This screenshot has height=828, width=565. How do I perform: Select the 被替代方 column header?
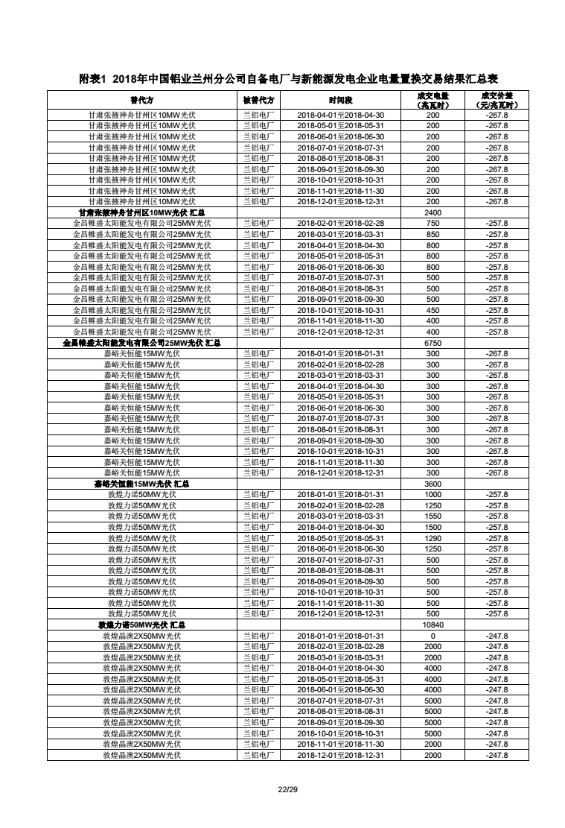[258, 100]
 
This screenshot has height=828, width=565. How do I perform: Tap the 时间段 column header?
[340, 100]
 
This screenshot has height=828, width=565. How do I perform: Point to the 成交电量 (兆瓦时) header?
[432, 100]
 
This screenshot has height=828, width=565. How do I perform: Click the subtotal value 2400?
[432, 212]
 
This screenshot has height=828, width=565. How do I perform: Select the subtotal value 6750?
[432, 343]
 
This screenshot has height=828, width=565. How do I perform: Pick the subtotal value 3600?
[432, 484]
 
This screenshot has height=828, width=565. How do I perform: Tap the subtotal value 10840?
[432, 625]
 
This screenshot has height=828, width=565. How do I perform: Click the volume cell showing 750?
[432, 224]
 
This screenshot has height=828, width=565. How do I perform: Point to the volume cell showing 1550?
[432, 516]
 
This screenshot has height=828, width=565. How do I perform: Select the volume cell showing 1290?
[432, 538]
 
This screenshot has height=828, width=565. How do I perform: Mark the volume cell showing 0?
[432, 636]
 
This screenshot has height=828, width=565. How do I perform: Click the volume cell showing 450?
[432, 310]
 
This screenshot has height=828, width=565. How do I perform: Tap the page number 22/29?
[282, 789]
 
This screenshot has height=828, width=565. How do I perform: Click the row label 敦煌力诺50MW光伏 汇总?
[141, 625]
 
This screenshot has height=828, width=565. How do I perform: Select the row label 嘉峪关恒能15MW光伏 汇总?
[141, 484]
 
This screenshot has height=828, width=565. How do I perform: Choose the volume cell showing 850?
[432, 234]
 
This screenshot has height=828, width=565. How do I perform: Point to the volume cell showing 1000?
[432, 495]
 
